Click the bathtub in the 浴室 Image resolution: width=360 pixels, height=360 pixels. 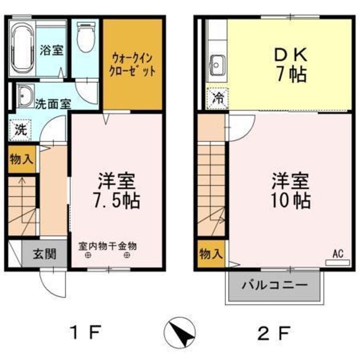pos(22,48)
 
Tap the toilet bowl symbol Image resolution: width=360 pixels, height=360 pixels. pos(85,36)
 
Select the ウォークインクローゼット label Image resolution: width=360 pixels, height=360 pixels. pos(132,65)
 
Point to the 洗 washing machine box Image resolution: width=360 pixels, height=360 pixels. pos(20,130)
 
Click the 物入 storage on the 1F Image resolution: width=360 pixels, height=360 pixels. pos(22,159)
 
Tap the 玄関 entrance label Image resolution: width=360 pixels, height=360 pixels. pos(44,254)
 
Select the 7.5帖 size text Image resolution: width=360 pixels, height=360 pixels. pos(116,200)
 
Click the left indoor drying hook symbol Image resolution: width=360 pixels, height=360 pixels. pos(88,255)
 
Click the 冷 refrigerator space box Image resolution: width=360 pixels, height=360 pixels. pos(217,98)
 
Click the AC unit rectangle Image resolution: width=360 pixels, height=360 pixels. pos(337,262)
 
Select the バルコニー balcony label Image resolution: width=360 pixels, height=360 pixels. pos(275,285)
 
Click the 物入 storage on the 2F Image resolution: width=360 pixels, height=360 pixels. pos(211,254)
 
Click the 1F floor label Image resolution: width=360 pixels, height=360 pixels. pos(85,333)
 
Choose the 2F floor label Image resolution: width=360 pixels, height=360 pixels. pos(274,333)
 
